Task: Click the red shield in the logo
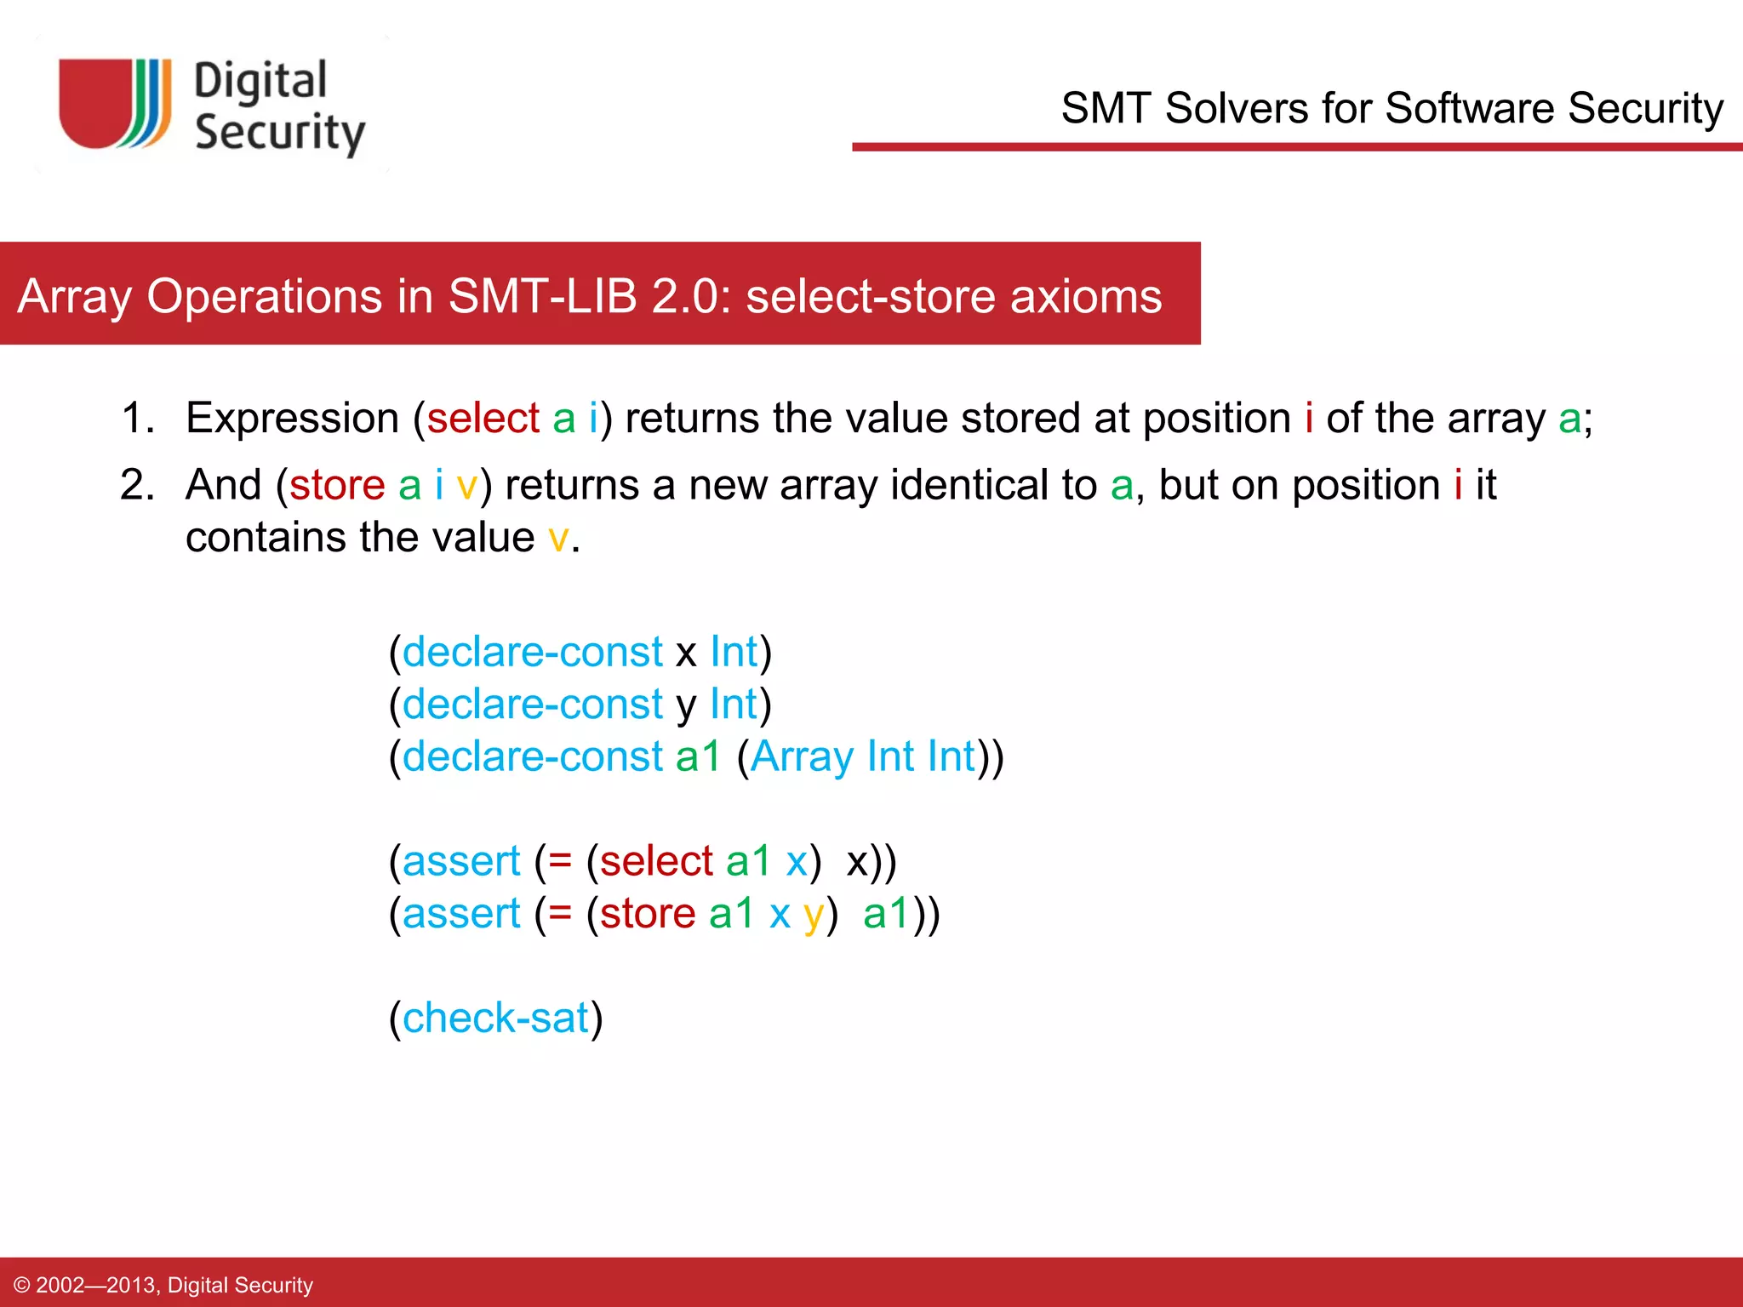click(x=94, y=102)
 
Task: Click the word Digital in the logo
click(x=260, y=83)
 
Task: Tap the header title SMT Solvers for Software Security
click(x=1392, y=108)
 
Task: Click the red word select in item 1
click(x=483, y=419)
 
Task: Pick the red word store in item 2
click(x=337, y=485)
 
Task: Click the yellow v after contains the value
click(x=558, y=538)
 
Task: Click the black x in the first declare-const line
click(x=686, y=653)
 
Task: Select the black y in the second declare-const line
click(x=686, y=706)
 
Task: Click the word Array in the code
click(x=802, y=756)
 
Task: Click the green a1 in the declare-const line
click(x=698, y=756)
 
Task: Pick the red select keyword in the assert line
click(x=656, y=861)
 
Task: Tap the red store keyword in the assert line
click(x=648, y=914)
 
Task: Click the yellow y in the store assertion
click(x=813, y=916)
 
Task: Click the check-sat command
click(x=495, y=1018)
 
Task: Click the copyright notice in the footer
click(x=164, y=1285)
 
